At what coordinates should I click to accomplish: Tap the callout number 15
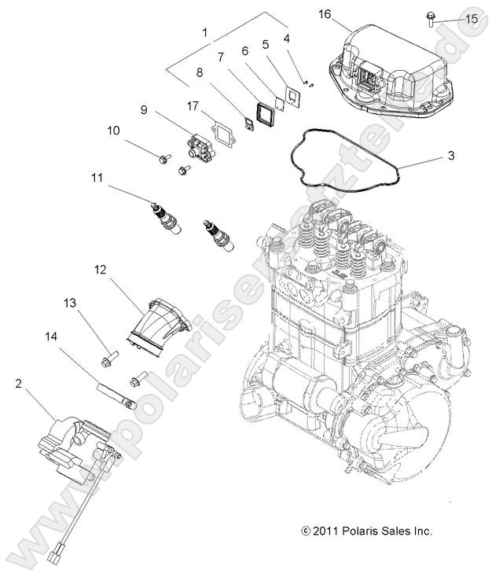click(471, 18)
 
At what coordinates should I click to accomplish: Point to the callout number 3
click(451, 156)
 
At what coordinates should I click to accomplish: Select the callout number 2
click(18, 383)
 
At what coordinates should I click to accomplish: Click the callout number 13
click(70, 302)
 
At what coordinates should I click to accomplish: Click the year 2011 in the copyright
click(325, 532)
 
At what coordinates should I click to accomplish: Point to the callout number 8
click(200, 72)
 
